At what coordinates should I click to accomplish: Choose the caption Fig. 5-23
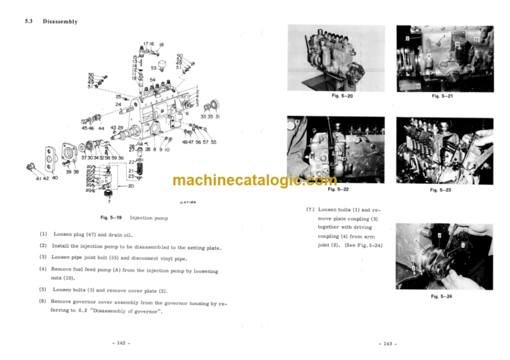click(440, 190)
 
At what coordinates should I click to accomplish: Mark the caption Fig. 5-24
click(442, 296)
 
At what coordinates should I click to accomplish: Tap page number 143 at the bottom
click(386, 343)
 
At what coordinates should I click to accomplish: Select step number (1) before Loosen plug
click(43, 234)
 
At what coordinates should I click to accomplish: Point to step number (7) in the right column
click(310, 209)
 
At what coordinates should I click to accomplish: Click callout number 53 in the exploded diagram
click(154, 68)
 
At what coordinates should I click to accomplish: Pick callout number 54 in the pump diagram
click(153, 79)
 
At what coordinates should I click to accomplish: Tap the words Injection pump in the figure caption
click(149, 217)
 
